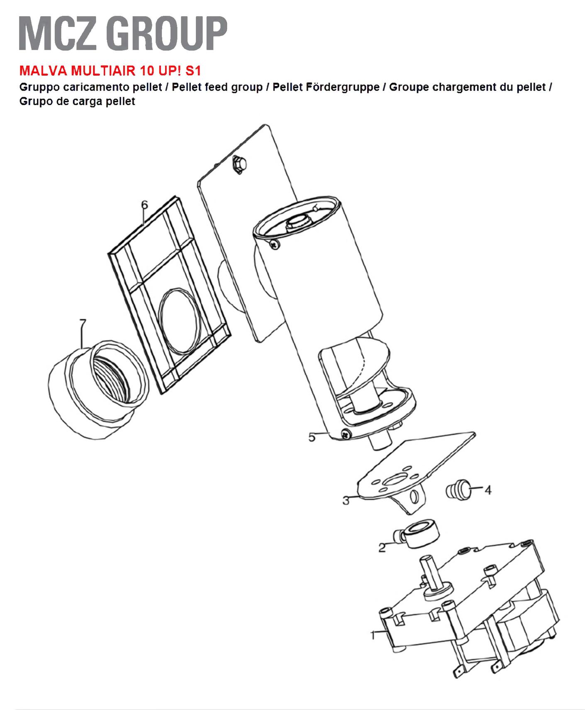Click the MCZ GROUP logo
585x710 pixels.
pos(123,33)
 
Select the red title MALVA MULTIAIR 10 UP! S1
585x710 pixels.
pos(110,71)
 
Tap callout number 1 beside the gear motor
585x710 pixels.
pos(373,635)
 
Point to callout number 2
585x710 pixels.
pos(382,548)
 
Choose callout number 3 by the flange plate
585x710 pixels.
pos(346,501)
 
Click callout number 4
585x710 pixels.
pos(488,490)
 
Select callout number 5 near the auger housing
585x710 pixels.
pos(312,437)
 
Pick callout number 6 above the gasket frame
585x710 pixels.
pos(144,205)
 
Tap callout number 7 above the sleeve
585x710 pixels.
pos(83,323)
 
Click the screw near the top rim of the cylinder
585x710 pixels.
pos(275,245)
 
